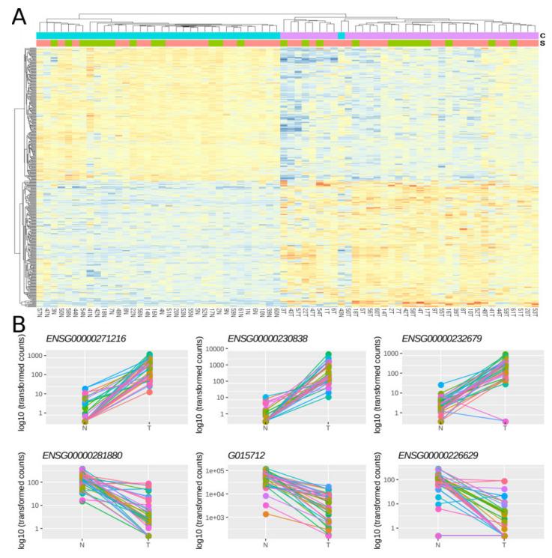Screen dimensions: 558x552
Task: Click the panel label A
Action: (19, 16)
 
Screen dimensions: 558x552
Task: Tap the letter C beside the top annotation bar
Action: (543, 35)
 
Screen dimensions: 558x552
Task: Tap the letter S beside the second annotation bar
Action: (543, 43)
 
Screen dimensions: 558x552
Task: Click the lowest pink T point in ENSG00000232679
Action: (505, 422)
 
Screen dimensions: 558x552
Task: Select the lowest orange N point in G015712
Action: (265, 514)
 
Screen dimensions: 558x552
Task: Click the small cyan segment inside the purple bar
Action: (342, 35)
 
